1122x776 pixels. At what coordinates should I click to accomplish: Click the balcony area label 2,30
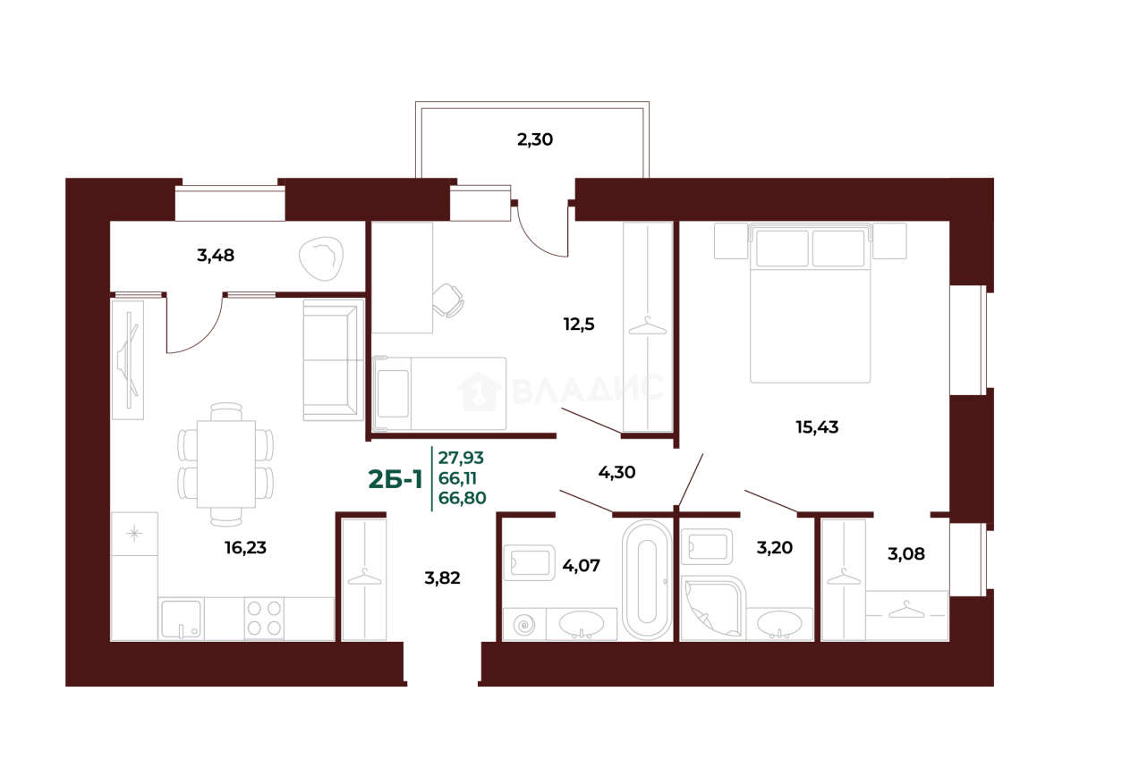tap(534, 139)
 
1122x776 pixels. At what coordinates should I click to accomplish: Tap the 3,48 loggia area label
tap(216, 256)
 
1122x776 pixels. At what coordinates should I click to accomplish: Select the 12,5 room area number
tap(579, 325)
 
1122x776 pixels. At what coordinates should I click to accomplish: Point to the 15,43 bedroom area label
tap(817, 427)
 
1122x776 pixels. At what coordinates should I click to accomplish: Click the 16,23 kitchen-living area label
tap(245, 548)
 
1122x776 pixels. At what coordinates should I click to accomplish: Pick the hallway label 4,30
tap(616, 472)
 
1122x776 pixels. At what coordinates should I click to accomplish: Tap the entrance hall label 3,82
tap(442, 578)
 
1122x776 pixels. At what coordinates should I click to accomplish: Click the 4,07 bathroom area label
tap(581, 566)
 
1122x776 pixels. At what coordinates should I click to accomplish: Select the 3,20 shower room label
tap(774, 548)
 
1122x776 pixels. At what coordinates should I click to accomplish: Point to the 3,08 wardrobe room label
tap(906, 553)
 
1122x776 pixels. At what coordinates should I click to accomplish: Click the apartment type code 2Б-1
tap(395, 479)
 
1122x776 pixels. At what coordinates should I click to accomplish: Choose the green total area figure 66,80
tap(462, 498)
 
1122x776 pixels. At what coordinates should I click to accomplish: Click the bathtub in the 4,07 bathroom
tap(647, 579)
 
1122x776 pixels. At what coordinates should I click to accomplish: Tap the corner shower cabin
tap(711, 608)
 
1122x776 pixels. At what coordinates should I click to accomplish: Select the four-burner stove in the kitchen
tap(264, 618)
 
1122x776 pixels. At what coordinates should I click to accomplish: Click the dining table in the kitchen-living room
tap(225, 464)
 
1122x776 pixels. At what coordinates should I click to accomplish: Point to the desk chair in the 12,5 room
tap(447, 300)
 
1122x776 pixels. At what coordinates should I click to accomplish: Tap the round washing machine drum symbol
tap(524, 625)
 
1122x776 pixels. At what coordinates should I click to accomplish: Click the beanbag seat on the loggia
tap(321, 258)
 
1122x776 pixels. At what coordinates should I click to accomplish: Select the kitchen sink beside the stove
tap(181, 619)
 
